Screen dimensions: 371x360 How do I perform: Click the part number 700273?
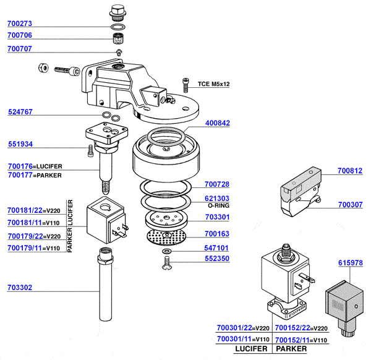click(20, 24)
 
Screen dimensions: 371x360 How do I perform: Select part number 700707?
click(20, 49)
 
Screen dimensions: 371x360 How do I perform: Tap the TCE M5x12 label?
click(214, 84)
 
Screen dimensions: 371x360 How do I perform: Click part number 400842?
click(218, 123)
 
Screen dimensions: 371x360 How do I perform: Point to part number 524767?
click(20, 112)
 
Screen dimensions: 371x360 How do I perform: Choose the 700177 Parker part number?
click(20, 175)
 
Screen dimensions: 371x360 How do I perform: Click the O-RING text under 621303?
click(219, 206)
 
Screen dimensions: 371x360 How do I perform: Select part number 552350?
click(217, 259)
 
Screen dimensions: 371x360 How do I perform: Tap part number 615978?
click(351, 263)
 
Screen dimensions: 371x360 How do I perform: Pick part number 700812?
click(350, 171)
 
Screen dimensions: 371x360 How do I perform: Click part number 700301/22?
click(234, 328)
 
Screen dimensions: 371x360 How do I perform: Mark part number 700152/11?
click(292, 340)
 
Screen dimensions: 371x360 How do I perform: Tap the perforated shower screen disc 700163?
click(166, 237)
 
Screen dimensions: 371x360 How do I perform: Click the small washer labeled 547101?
click(167, 251)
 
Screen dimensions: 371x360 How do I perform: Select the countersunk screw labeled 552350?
click(166, 263)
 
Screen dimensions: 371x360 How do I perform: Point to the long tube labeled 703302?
click(106, 284)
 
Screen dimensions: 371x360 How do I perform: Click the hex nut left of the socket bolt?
click(43, 68)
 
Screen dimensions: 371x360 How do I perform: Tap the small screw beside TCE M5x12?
click(185, 85)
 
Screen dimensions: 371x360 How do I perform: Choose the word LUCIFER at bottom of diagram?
click(251, 349)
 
